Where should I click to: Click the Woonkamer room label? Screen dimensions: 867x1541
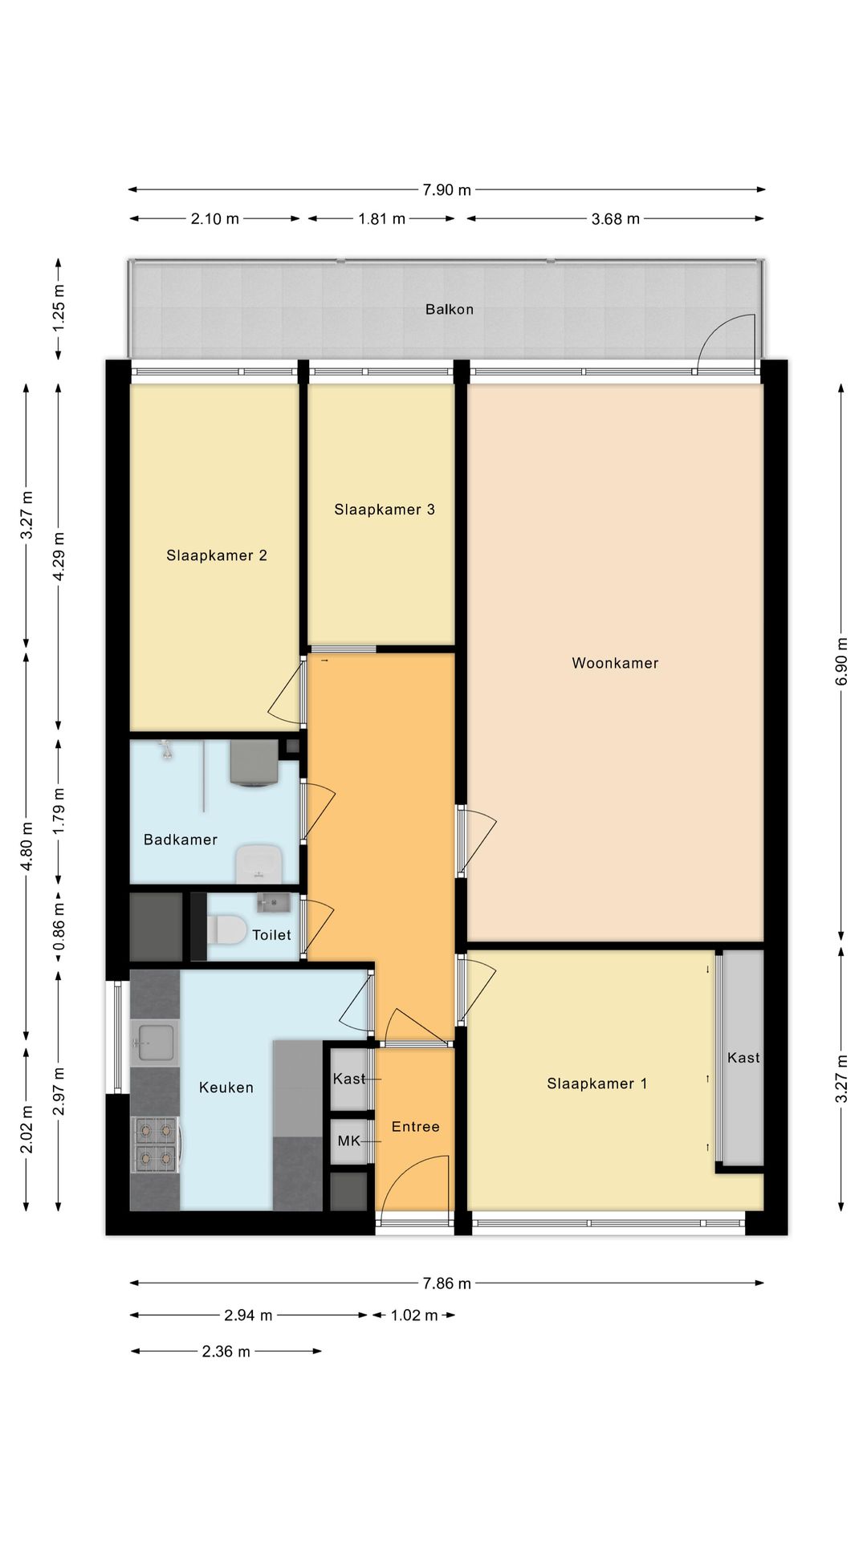tap(615, 663)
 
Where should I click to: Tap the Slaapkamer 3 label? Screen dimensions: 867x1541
tap(385, 510)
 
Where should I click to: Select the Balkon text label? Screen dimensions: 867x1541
tap(450, 309)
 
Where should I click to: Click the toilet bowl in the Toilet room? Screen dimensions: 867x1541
tap(227, 930)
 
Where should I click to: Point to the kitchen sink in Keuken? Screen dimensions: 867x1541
tap(155, 1042)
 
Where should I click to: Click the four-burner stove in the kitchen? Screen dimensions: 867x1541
tap(156, 1144)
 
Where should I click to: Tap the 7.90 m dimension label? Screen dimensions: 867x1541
tap(447, 190)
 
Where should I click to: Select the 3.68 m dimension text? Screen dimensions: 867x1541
tap(616, 219)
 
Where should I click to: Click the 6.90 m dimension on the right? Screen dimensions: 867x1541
tap(842, 661)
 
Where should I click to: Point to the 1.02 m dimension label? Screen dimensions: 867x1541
tap(414, 1315)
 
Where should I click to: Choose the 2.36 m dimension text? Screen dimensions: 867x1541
tap(226, 1352)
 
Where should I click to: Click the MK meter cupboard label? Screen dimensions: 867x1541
tap(349, 1141)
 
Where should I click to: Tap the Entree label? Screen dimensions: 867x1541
tap(416, 1127)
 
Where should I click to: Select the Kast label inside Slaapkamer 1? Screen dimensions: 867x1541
tap(743, 1058)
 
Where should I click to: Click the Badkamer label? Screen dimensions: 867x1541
tap(181, 840)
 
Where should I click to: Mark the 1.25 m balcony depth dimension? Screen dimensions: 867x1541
tap(59, 309)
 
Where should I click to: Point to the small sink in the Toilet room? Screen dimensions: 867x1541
tap(273, 903)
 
